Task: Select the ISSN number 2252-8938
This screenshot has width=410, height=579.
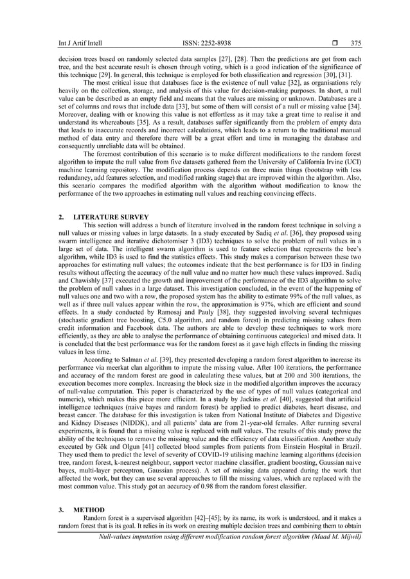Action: [207, 42]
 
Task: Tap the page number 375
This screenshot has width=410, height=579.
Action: [356, 42]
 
